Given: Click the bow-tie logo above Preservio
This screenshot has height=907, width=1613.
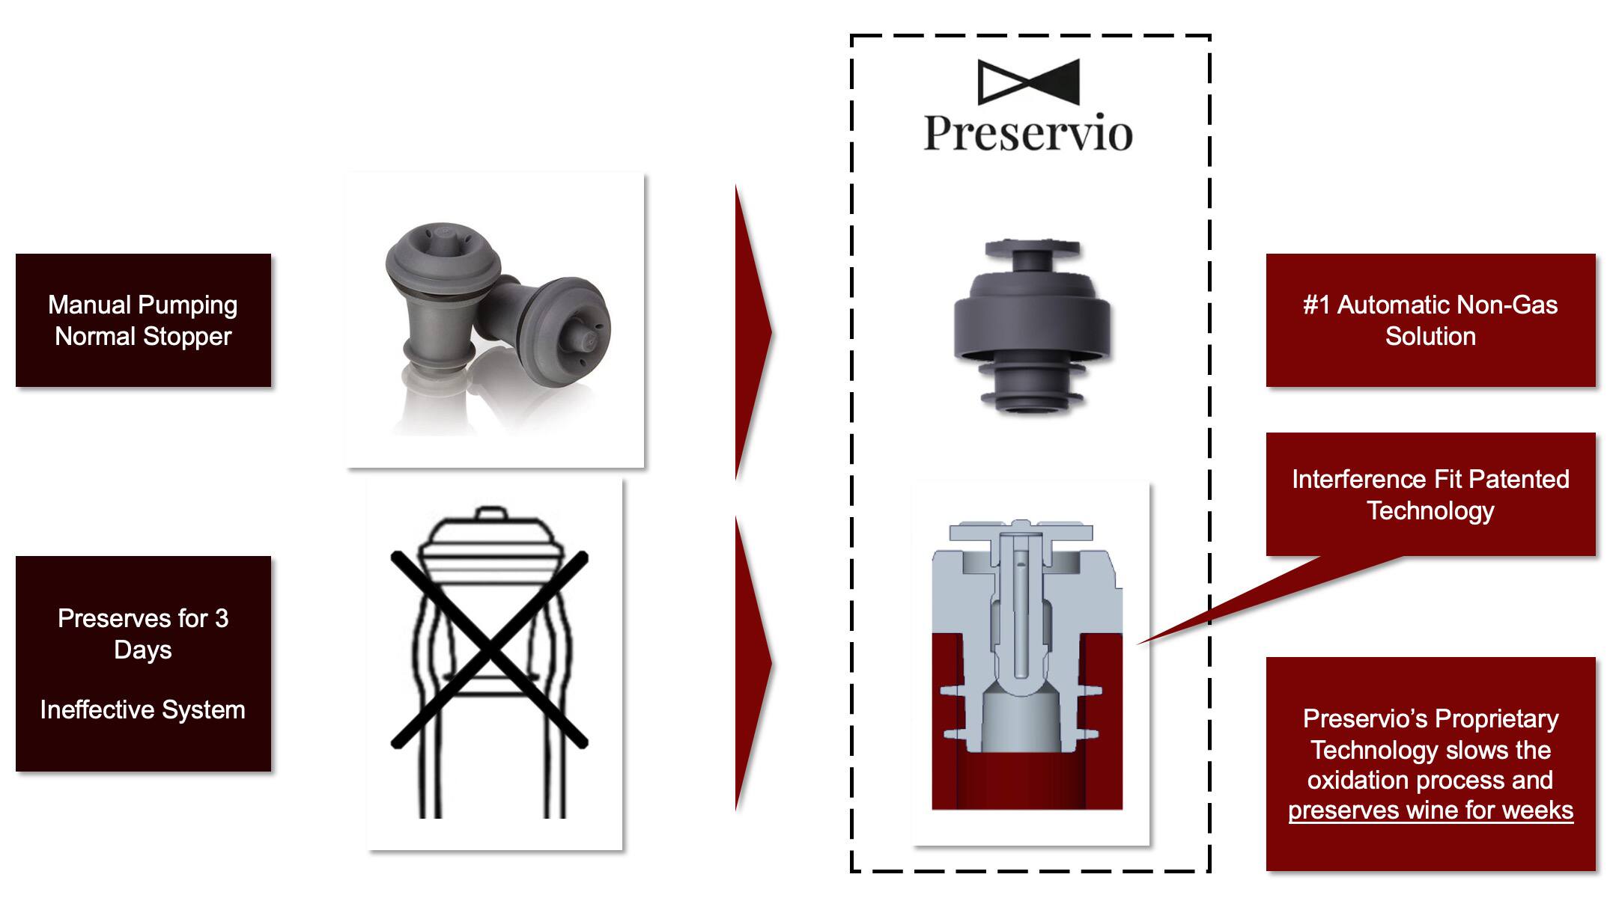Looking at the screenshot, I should click(1028, 82).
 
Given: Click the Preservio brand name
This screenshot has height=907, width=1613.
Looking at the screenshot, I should click(1028, 133).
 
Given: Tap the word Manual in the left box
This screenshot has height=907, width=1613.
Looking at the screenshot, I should click(90, 305).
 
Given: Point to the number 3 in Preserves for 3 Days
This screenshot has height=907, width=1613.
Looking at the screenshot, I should click(221, 618).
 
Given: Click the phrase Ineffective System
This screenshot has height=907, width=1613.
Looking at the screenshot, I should click(142, 709).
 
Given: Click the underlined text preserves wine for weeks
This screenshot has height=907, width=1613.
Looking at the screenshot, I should click(1430, 810).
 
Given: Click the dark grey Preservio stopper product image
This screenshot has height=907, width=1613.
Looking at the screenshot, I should click(1032, 326).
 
